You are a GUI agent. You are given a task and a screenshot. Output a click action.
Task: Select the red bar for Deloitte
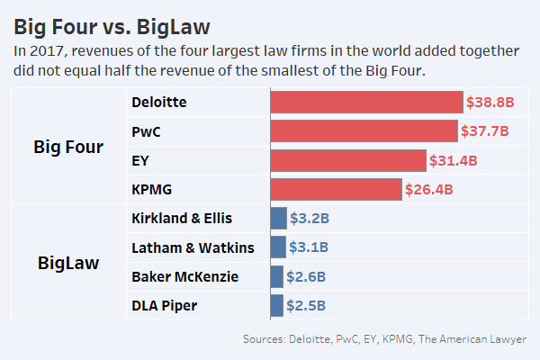[367, 102]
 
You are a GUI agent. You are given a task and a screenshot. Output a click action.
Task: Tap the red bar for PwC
[364, 131]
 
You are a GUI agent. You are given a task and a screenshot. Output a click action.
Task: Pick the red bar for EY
[348, 161]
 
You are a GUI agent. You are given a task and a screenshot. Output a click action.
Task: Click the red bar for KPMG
[336, 190]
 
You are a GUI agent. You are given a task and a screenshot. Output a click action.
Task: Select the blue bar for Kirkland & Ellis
[279, 219]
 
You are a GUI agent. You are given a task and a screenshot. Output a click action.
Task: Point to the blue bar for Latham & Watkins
[278, 247]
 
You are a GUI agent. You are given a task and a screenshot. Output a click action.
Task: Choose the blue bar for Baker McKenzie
[277, 276]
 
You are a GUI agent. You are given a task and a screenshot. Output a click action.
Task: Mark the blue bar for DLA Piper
[277, 305]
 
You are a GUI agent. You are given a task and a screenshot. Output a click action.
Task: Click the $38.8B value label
[490, 103]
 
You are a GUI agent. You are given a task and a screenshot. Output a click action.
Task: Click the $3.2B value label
[310, 219]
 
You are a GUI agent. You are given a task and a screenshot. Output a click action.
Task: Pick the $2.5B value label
[306, 305]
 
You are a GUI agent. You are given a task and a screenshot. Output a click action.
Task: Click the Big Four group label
[67, 147]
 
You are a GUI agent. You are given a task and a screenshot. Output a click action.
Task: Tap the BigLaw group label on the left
[67, 263]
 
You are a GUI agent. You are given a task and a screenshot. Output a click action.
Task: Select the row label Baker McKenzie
[184, 276]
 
